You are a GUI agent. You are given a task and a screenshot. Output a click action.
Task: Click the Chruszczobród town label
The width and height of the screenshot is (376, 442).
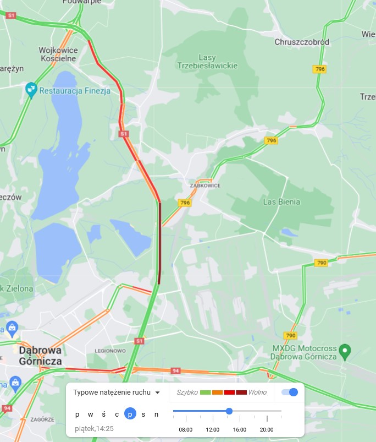point(302,42)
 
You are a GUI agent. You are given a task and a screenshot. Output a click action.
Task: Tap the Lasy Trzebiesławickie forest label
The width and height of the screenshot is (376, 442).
point(207,61)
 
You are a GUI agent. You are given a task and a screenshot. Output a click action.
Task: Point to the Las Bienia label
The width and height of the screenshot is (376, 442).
point(282,202)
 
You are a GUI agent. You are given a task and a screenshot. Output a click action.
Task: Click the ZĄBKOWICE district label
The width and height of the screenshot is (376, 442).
point(205,185)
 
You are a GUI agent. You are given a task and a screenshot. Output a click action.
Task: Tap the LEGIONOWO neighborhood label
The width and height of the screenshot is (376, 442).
point(110,351)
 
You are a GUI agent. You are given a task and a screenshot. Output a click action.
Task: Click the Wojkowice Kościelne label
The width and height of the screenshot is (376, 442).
point(58,54)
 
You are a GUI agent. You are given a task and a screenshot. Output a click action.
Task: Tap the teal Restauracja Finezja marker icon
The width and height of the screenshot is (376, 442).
point(31,88)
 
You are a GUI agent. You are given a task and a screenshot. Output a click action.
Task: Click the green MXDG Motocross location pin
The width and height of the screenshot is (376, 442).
point(345,350)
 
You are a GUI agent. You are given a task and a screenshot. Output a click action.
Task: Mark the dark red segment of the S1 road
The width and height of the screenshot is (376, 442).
point(159,242)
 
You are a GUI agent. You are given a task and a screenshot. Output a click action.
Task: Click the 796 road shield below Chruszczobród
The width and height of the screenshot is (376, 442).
point(319,69)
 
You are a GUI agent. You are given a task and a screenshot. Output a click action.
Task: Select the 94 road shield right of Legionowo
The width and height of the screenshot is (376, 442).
point(175,371)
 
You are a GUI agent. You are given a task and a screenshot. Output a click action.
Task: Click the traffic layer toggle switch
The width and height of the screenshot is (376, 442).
point(289,392)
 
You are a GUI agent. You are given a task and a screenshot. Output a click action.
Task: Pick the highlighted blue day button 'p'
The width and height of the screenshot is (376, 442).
point(130,414)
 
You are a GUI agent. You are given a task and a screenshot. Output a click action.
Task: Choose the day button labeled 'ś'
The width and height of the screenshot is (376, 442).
point(103,414)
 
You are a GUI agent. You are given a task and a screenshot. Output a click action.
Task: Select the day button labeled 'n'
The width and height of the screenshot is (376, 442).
point(156,414)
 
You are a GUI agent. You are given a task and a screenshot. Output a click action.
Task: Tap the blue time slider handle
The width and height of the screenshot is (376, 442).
point(229,411)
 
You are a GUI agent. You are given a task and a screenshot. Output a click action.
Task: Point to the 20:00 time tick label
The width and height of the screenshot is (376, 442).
point(267,429)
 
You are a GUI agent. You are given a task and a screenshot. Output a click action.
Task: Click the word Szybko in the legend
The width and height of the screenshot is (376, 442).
point(187,392)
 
